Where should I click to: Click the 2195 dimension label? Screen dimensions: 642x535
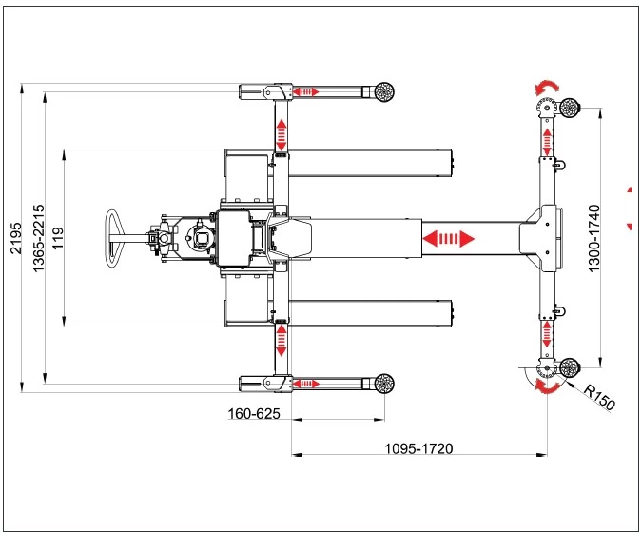[x=15, y=238]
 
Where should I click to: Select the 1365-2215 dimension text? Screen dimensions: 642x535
[x=38, y=238]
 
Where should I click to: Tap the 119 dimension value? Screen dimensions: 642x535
[x=58, y=238]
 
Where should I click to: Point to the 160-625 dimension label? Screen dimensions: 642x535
[x=254, y=414]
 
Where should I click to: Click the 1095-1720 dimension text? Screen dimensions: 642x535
[x=418, y=448]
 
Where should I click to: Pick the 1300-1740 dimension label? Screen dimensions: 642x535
[x=593, y=238]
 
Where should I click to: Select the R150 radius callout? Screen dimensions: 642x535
[x=599, y=397]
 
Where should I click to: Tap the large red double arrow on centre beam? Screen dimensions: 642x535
[x=448, y=238]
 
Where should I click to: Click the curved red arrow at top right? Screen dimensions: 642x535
[x=547, y=86]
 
